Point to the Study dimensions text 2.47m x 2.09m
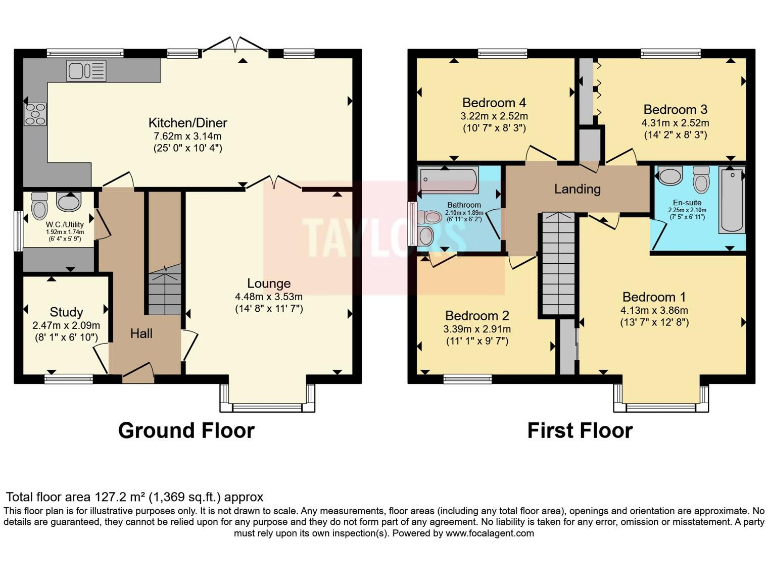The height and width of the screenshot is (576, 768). point(60,326)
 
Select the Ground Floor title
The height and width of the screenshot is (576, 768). point(186,431)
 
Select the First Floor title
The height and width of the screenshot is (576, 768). point(580,431)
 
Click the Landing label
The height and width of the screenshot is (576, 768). point(577,189)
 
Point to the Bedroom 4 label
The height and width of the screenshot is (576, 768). point(494,102)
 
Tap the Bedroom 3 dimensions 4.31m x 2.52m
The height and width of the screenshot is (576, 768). point(675,122)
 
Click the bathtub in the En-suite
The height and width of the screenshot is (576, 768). point(731,200)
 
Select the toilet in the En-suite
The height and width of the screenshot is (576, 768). point(701,181)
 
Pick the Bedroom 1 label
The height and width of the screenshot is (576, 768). point(654,297)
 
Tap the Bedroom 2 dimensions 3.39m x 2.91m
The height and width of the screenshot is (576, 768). point(478,329)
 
